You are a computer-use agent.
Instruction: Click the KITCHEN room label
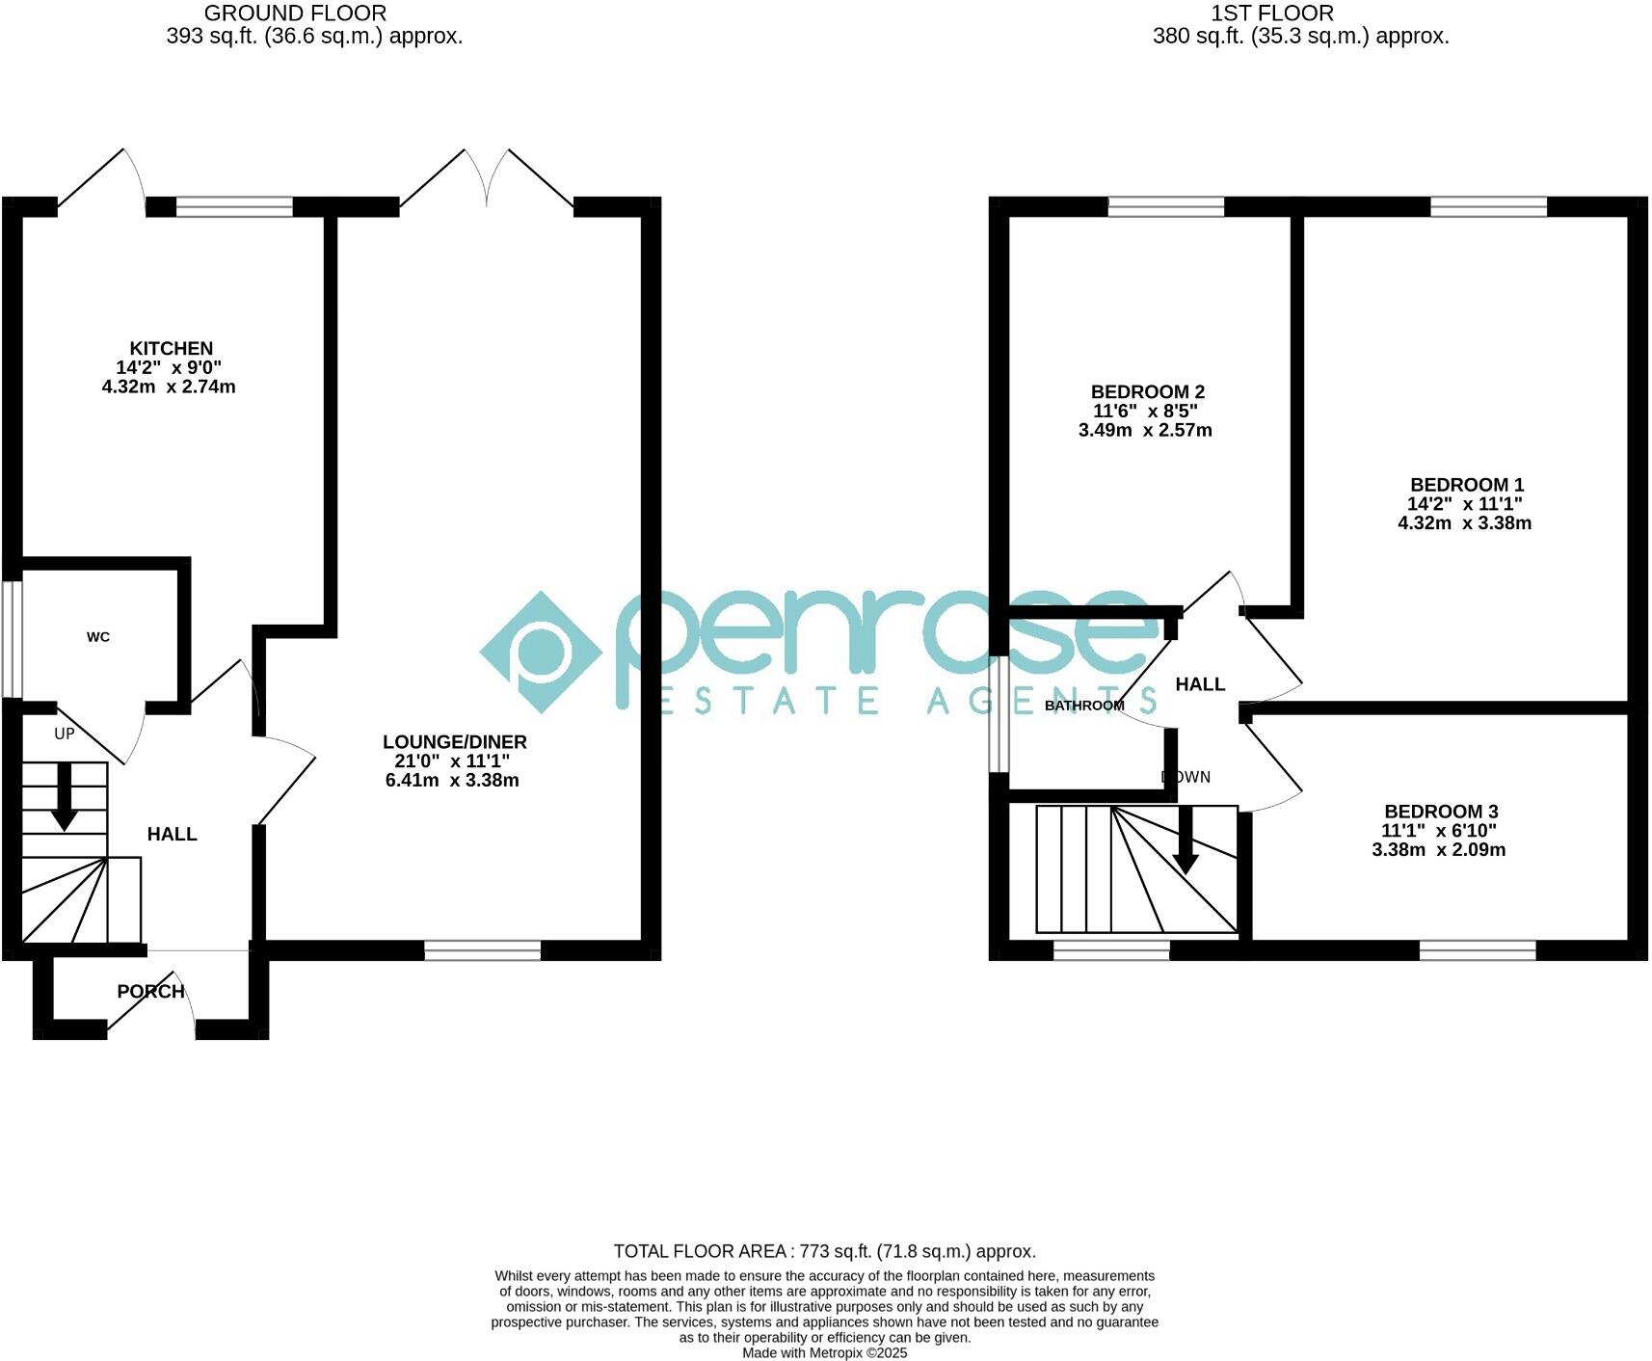tap(172, 348)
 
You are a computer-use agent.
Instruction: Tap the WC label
tap(98, 637)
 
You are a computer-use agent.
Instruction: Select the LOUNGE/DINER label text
tap(454, 741)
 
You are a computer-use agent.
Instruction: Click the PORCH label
tap(150, 991)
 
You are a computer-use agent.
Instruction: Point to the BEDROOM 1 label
tap(1466, 485)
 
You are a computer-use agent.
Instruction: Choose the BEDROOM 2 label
tap(1147, 391)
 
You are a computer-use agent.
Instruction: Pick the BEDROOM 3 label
tap(1440, 812)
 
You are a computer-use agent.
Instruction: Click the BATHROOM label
tap(1084, 706)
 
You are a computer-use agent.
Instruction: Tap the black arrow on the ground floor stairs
tap(65, 796)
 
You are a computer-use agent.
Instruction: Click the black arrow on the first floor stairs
tap(1186, 839)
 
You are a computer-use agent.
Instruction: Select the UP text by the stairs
tap(65, 734)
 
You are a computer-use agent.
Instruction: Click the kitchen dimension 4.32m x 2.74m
tap(169, 387)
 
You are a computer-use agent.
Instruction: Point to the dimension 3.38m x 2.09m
tap(1438, 849)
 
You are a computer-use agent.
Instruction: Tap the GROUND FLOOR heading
tap(296, 13)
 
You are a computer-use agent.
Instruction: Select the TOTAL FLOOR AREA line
tap(824, 1251)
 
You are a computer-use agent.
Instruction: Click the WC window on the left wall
tap(12, 637)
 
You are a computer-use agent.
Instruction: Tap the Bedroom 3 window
tap(1477, 950)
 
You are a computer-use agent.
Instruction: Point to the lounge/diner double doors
tap(488, 179)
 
